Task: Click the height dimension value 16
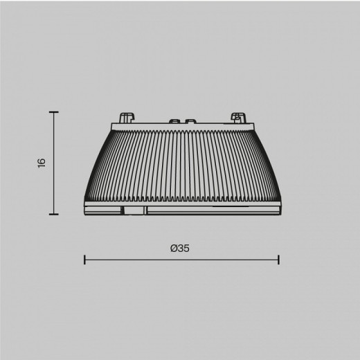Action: click(x=42, y=163)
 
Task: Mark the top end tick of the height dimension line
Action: click(x=54, y=111)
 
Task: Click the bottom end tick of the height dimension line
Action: click(x=54, y=215)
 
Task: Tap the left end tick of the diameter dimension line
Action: click(x=84, y=260)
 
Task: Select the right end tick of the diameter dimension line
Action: click(x=278, y=260)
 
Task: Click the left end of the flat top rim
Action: click(x=111, y=126)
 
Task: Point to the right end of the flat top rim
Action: click(x=252, y=126)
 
